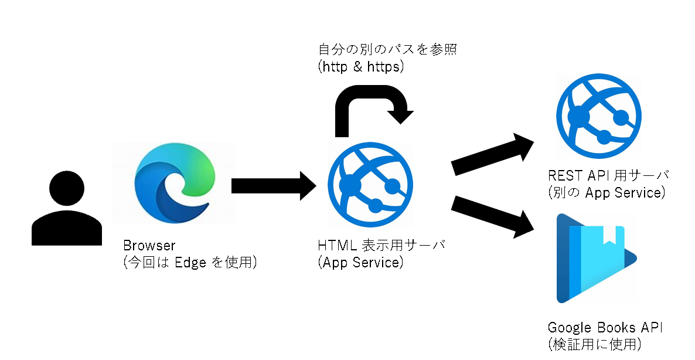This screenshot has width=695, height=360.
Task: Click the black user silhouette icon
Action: pos(67,208)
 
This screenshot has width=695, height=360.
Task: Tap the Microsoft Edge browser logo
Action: pos(175,185)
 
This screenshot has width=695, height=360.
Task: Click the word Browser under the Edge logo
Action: pos(149,246)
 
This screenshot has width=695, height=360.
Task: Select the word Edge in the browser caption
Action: pos(190,263)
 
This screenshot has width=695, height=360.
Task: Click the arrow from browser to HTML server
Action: pos(274,186)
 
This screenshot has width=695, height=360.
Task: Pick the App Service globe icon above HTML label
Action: pos(370,185)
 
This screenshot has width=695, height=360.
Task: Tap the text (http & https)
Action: pos(361,67)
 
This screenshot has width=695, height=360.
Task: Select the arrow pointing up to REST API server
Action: pos(492,154)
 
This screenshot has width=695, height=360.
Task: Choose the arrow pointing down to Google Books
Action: pos(492,217)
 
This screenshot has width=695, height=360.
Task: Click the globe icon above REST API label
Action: pos(599,117)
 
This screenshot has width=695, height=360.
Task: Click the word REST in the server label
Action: pos(565,175)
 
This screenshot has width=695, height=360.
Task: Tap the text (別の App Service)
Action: pos(607,193)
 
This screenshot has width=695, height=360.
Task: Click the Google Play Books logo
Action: pos(597,259)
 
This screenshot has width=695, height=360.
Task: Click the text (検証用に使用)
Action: pos(595,345)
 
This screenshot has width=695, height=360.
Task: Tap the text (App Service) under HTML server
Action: pos(361,263)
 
